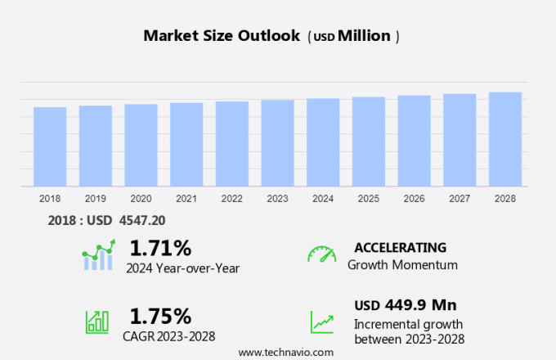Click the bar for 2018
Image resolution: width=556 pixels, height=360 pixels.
click(x=50, y=147)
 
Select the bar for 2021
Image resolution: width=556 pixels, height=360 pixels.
click(x=186, y=145)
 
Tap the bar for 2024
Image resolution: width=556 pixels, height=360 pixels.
click(x=323, y=143)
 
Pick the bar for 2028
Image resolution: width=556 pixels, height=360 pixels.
click(x=505, y=140)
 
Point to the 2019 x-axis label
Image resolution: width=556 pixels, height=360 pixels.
click(x=96, y=199)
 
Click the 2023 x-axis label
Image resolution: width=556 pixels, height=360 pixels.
click(x=277, y=199)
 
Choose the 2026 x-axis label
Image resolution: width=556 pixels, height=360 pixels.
click(x=414, y=199)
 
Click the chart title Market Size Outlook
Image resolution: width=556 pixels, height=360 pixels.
click(x=222, y=36)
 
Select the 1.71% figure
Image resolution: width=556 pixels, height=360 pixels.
click(x=160, y=247)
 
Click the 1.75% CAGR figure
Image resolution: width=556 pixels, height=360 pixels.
click(x=160, y=316)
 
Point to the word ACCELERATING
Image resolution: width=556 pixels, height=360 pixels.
click(x=400, y=247)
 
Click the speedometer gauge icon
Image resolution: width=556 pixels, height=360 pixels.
click(x=321, y=254)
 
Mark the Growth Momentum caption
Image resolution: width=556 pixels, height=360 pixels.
click(x=402, y=265)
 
